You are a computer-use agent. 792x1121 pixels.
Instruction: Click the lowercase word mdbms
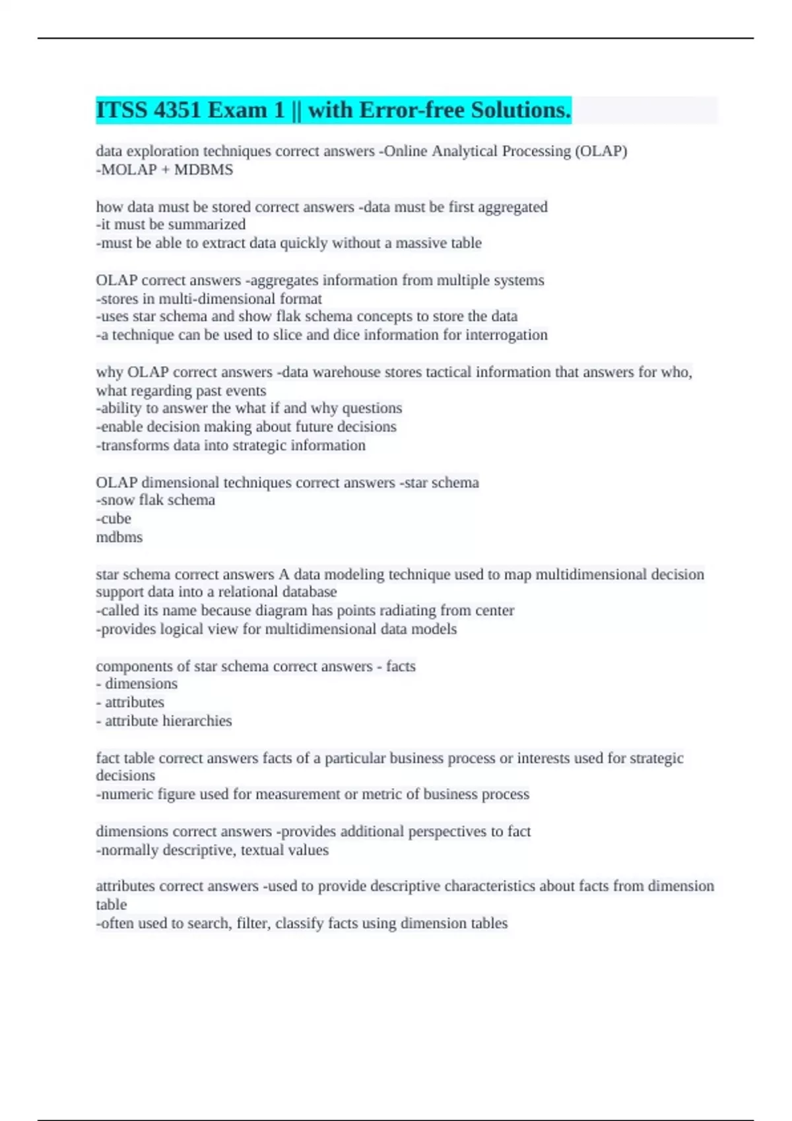[119, 537]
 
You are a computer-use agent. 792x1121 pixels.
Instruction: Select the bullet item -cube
[114, 518]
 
